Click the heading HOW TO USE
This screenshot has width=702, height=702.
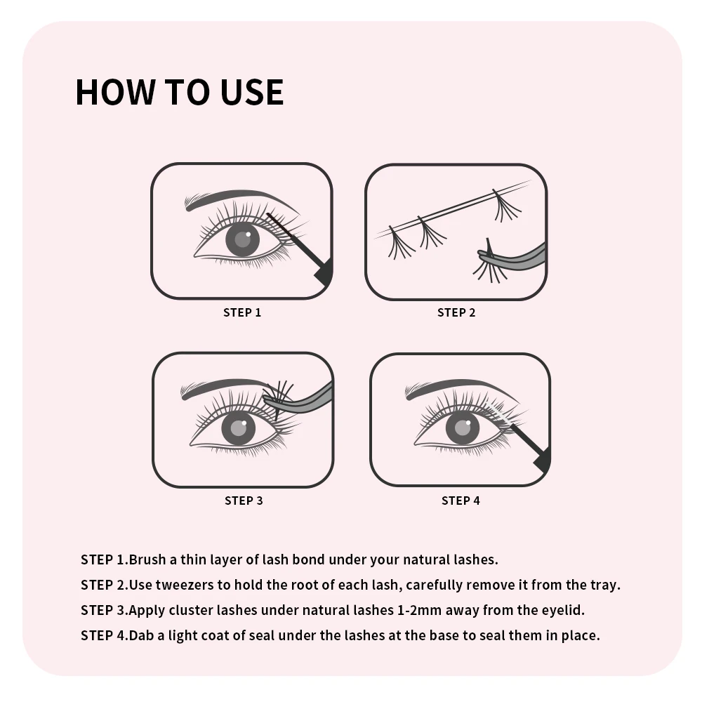[180, 92]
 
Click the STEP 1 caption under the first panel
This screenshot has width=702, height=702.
[242, 312]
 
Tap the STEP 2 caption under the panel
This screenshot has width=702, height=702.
[456, 312]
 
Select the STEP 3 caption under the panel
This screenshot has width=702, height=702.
[244, 501]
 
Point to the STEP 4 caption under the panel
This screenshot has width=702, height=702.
[461, 501]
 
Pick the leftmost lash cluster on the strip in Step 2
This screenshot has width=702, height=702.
[401, 244]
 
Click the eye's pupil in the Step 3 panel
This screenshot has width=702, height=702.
[239, 428]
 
